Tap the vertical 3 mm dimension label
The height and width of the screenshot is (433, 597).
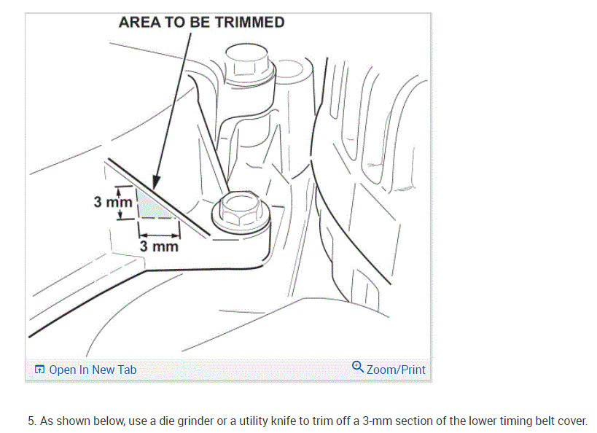click(113, 200)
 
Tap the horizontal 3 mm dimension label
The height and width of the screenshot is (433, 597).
click(160, 246)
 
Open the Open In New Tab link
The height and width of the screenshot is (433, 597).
click(93, 370)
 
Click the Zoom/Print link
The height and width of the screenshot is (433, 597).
click(396, 370)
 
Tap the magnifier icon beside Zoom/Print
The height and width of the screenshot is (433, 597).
click(357, 367)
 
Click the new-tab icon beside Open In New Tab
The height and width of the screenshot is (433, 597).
click(39, 370)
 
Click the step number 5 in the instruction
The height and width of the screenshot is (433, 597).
click(31, 421)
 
